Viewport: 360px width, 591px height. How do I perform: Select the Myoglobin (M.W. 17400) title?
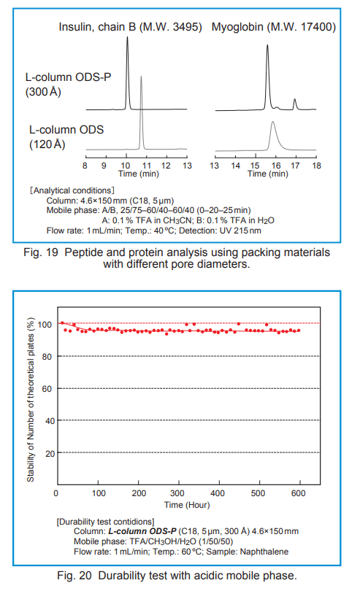(x=274, y=27)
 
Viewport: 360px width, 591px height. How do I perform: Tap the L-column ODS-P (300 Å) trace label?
(x=69, y=85)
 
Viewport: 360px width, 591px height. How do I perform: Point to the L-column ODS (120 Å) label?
(x=66, y=137)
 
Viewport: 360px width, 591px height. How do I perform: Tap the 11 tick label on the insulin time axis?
(x=147, y=166)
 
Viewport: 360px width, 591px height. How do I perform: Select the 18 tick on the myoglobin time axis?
(x=316, y=166)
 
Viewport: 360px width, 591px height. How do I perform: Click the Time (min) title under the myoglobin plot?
(x=268, y=174)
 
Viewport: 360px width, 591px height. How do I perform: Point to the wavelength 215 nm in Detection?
(x=247, y=231)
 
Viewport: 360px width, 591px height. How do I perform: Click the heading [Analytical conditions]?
(x=72, y=190)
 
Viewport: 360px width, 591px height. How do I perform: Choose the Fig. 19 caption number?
(x=41, y=252)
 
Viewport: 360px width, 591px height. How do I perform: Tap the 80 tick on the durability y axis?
(x=47, y=357)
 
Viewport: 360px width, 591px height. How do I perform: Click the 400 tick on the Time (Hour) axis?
(x=218, y=493)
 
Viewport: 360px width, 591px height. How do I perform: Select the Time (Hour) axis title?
(x=187, y=505)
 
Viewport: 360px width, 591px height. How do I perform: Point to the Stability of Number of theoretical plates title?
(x=31, y=400)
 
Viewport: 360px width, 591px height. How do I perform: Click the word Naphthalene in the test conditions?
(x=264, y=552)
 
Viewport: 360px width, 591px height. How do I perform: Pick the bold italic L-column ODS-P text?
(x=142, y=531)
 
